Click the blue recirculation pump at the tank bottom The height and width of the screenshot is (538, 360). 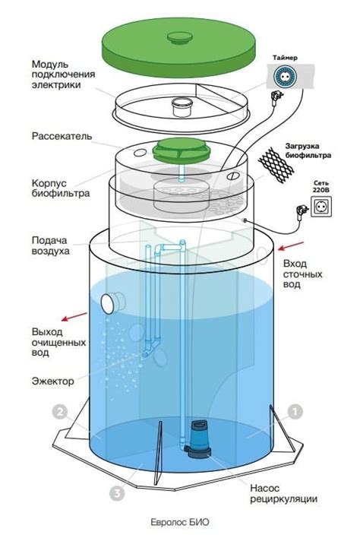(x=198, y=440)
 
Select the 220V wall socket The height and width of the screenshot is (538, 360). (x=321, y=207)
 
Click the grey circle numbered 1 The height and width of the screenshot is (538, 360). (x=295, y=412)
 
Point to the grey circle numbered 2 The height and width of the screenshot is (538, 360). (x=60, y=413)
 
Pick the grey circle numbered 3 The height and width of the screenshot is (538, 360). (x=117, y=493)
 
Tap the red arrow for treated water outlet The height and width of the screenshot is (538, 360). (x=74, y=316)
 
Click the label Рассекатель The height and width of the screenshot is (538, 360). (x=62, y=136)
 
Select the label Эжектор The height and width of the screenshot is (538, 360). (x=53, y=381)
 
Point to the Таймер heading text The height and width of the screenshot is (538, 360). (x=285, y=58)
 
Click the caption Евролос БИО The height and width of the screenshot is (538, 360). (x=180, y=523)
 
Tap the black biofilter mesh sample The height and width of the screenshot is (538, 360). (x=276, y=166)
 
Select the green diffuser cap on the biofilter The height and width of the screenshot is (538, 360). (x=181, y=150)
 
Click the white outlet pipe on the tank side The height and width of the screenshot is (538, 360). (x=113, y=303)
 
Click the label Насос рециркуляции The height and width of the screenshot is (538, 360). (x=283, y=494)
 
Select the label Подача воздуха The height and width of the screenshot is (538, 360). (x=50, y=245)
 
